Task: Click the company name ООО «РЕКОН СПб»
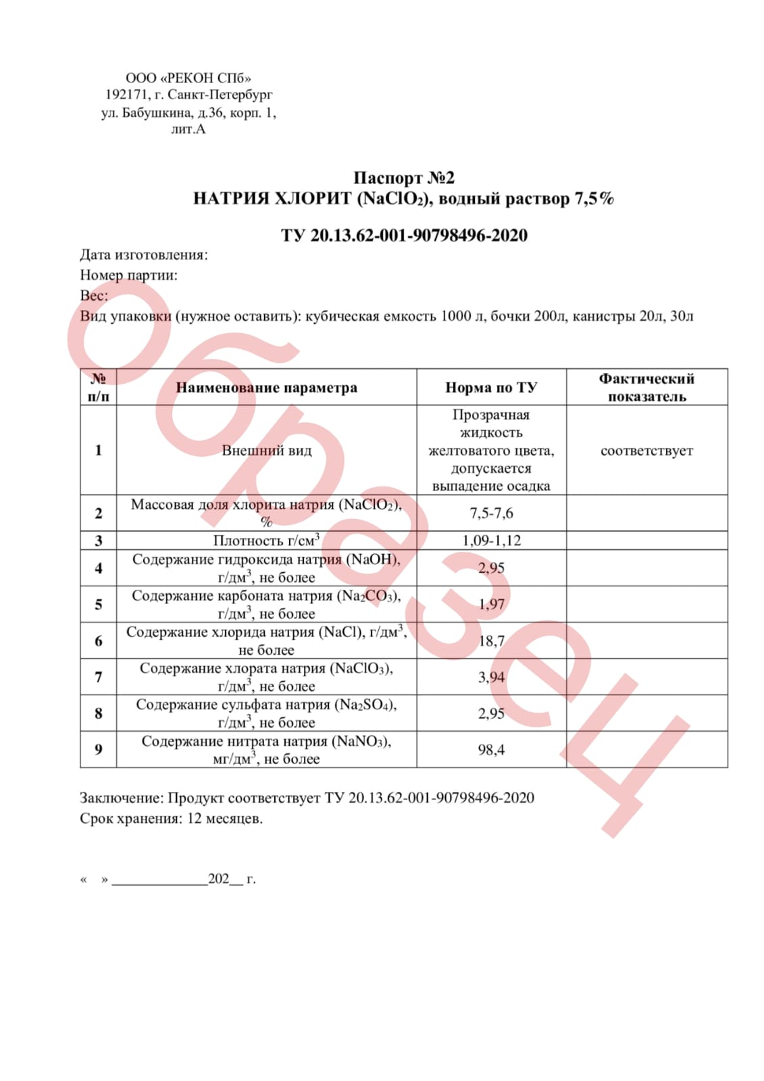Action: pos(188,78)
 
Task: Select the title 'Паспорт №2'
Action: pos(404,178)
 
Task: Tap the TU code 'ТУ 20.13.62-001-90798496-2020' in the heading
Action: pos(404,235)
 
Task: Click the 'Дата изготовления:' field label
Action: pos(144,255)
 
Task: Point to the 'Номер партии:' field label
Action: pos(128,275)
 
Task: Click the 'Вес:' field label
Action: pos(94,295)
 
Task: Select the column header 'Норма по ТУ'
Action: pos(491,387)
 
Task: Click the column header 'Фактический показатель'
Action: pos(646,387)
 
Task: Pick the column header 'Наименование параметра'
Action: pos(266,387)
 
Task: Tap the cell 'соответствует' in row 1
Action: pos(646,451)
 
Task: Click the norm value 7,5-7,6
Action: pos(491,513)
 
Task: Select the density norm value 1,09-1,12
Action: pos(491,540)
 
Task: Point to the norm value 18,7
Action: pos(491,640)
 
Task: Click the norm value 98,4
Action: pos(491,749)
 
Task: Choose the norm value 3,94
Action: pos(491,677)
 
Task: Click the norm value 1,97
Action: pos(491,604)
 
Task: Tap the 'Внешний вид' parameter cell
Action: pos(266,451)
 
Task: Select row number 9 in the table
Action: pos(99,749)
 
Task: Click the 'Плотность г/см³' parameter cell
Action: pos(266,540)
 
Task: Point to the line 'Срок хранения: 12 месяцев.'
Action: pos(171,818)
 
